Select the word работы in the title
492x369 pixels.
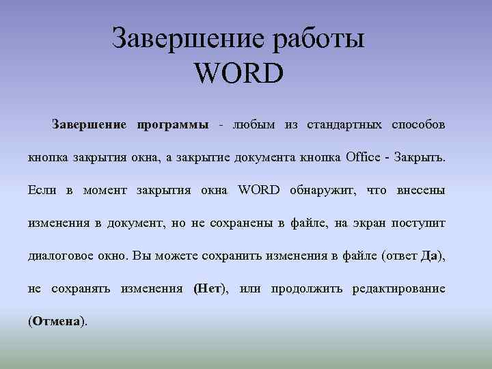tap(318, 38)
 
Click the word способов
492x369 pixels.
tap(418, 125)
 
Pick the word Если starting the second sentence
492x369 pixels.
tap(42, 190)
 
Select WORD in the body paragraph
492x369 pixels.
tap(259, 190)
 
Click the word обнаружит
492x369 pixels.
tap(322, 190)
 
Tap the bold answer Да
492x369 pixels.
tap(430, 256)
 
